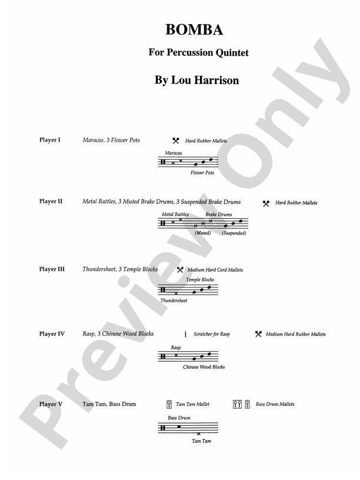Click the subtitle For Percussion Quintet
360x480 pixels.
pos(198,53)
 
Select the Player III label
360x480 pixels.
pos(52,269)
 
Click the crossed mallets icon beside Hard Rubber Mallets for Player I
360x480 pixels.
pos(175,141)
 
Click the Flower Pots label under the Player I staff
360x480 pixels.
pos(202,173)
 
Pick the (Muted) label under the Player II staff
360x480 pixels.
pos(203,234)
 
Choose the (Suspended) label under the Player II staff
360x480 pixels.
pos(234,234)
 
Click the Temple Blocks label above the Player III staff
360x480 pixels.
pos(200,279)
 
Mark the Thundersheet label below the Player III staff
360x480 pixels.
pos(174,301)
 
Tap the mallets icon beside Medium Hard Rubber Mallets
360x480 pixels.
pos(258,334)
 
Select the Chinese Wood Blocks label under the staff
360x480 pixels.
pos(204,367)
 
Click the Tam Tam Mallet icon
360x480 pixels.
pos(169,404)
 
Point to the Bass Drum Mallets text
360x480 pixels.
pos(275,404)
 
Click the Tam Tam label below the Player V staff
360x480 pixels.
pos(201,441)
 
